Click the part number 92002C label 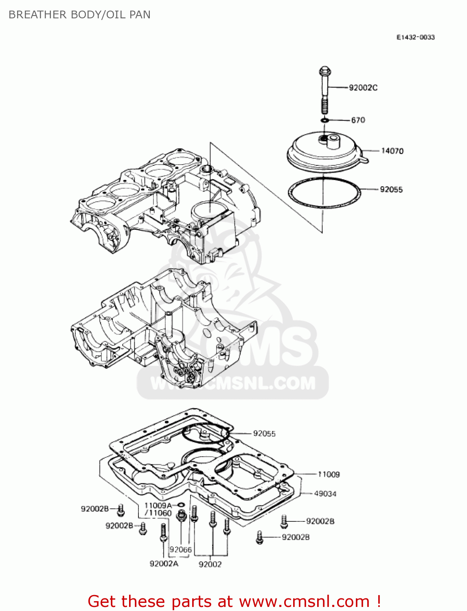(x=363, y=88)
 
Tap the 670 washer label (x=358, y=120)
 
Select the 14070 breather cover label (x=392, y=151)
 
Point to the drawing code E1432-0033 (x=416, y=37)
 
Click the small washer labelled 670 (x=324, y=120)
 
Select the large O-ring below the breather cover (x=324, y=193)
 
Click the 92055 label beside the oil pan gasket (x=264, y=434)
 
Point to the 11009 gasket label (x=329, y=474)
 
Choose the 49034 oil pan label (x=325, y=494)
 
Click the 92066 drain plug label (x=180, y=549)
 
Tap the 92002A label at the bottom (x=164, y=564)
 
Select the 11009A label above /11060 (x=158, y=506)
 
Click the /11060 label (x=158, y=513)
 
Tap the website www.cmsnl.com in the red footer (x=304, y=602)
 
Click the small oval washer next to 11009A (x=181, y=506)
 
